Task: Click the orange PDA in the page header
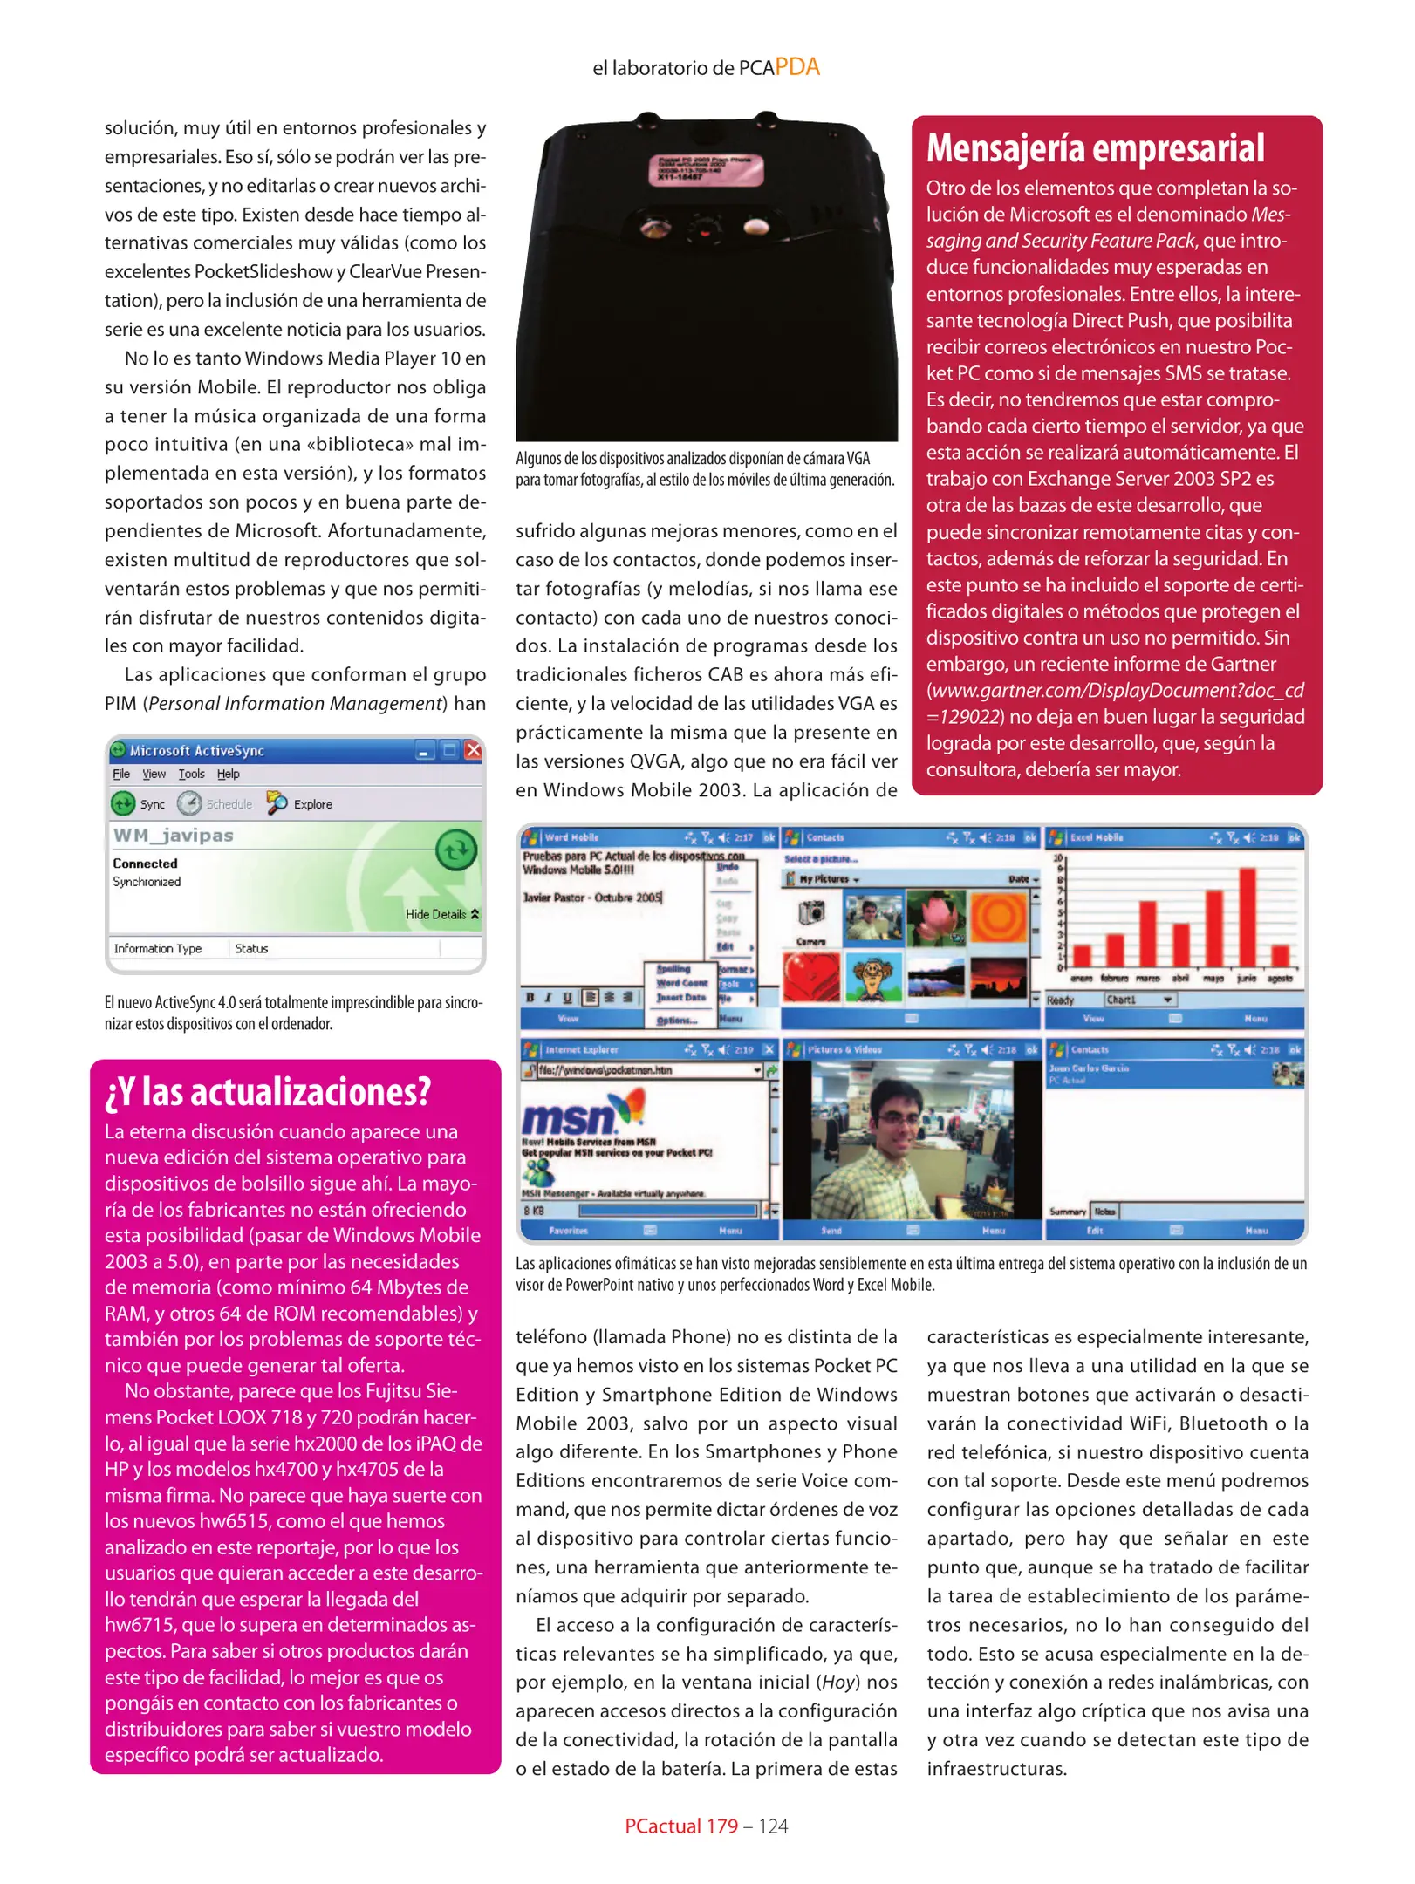click(796, 67)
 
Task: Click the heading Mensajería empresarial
click(1095, 148)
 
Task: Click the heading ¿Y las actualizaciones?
click(268, 1092)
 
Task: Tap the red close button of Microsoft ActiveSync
click(473, 750)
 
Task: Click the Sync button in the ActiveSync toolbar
click(138, 803)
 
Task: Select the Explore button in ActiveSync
click(300, 803)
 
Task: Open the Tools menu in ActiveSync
click(191, 774)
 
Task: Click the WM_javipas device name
click(173, 835)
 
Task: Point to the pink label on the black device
click(705, 169)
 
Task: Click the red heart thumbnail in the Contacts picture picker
click(810, 976)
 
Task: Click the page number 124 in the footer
click(773, 1826)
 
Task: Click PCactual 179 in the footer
click(680, 1826)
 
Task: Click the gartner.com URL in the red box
click(1115, 691)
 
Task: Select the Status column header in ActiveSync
click(251, 948)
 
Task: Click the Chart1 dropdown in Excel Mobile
click(1140, 1000)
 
